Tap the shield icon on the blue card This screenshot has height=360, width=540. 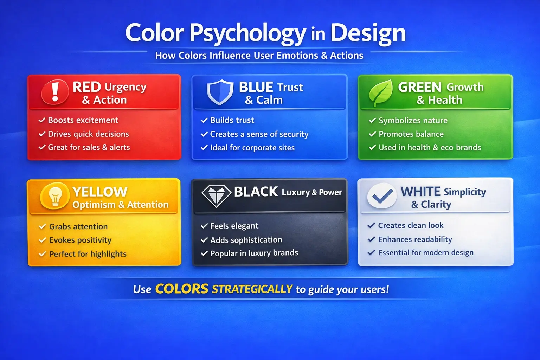220,92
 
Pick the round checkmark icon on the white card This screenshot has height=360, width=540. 382,195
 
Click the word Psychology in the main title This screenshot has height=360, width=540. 247,33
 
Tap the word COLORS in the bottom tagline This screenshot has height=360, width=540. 182,289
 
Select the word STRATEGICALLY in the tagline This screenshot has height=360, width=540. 252,289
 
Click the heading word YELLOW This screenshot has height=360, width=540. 100,192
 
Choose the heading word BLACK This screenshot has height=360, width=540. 256,192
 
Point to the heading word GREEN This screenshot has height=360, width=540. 419,87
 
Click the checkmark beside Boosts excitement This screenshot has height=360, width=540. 42,120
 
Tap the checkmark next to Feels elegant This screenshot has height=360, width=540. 204,226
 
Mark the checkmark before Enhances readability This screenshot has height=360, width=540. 371,239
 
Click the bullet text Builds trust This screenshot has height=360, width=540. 232,120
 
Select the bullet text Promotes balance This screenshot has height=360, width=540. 411,134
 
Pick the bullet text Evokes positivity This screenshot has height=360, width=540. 80,240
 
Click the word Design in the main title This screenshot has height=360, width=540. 368,33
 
